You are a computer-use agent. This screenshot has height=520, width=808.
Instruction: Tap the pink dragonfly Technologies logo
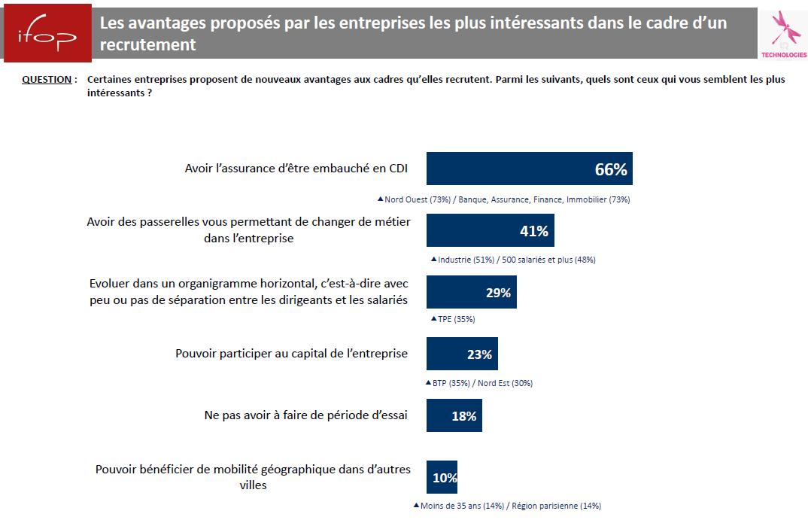point(782,34)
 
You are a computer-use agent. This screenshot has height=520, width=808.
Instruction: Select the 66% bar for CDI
point(529,169)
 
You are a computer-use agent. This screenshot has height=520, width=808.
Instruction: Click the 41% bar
point(490,230)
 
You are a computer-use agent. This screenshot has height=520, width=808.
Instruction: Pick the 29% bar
point(471,292)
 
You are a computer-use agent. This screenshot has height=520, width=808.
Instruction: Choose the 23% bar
point(462,354)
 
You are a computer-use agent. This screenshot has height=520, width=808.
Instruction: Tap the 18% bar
point(454,415)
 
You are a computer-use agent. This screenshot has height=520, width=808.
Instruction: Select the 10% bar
point(442,477)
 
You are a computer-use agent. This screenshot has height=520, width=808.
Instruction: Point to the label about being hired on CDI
point(296,169)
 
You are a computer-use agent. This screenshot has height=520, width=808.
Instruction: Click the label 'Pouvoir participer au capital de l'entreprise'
point(291,353)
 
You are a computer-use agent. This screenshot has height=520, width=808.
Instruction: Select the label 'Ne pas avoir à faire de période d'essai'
point(305,415)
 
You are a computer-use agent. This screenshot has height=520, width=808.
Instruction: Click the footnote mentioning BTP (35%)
point(482,383)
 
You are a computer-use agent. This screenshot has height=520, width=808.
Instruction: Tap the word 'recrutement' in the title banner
point(148,45)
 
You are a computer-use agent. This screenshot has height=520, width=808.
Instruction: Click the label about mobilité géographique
point(253,477)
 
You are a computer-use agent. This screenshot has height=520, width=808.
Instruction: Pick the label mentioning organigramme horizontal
point(248,292)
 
